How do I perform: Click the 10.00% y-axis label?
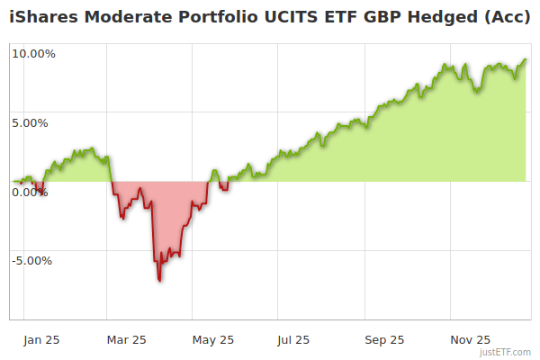pos(34,54)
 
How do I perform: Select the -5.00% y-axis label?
pos(32,261)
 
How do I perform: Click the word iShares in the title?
pos(42,19)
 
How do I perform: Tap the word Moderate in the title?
pos(123,19)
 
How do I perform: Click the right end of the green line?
pos(526,60)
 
